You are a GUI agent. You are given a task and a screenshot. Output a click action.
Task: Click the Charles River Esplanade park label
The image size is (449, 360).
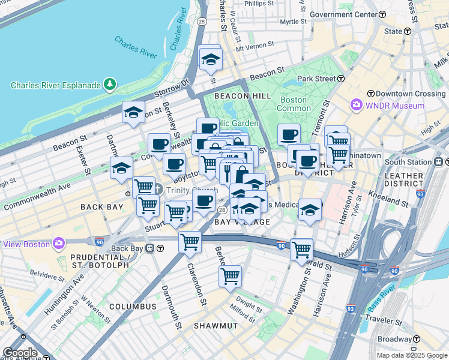click(x=56, y=85)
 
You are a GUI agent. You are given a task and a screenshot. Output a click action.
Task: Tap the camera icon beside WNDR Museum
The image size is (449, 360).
click(x=357, y=106)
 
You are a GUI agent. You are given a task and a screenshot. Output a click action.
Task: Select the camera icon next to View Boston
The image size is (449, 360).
click(x=59, y=244)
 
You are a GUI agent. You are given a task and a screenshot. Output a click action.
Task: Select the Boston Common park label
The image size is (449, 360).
click(x=294, y=104)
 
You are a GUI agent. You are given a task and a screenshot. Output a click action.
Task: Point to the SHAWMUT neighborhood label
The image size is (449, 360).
click(x=215, y=325)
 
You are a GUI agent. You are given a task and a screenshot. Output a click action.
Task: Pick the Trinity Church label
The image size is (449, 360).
click(x=185, y=190)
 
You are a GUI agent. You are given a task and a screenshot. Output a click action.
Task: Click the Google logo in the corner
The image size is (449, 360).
click(x=20, y=353)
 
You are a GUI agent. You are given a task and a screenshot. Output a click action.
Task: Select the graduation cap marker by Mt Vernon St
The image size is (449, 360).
click(x=211, y=59)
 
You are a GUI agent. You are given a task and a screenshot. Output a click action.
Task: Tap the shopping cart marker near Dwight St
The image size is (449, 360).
click(x=230, y=277)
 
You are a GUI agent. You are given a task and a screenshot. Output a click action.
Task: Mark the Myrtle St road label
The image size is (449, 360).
click(x=293, y=22)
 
